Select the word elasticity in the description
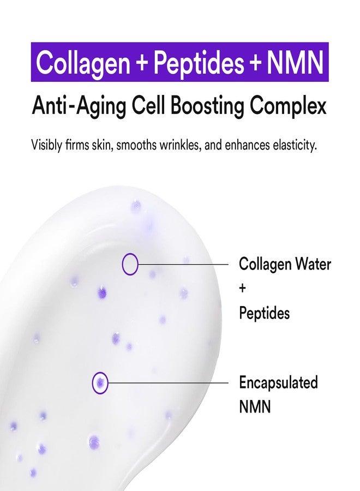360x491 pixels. (x=292, y=146)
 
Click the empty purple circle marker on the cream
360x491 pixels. (x=130, y=264)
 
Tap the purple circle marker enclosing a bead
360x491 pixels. (x=100, y=382)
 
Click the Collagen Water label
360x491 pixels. (x=285, y=265)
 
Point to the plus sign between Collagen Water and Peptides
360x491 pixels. (x=243, y=289)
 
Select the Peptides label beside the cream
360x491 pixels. (x=264, y=313)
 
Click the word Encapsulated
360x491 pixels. (x=278, y=382)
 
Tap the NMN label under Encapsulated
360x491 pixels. (x=255, y=406)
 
